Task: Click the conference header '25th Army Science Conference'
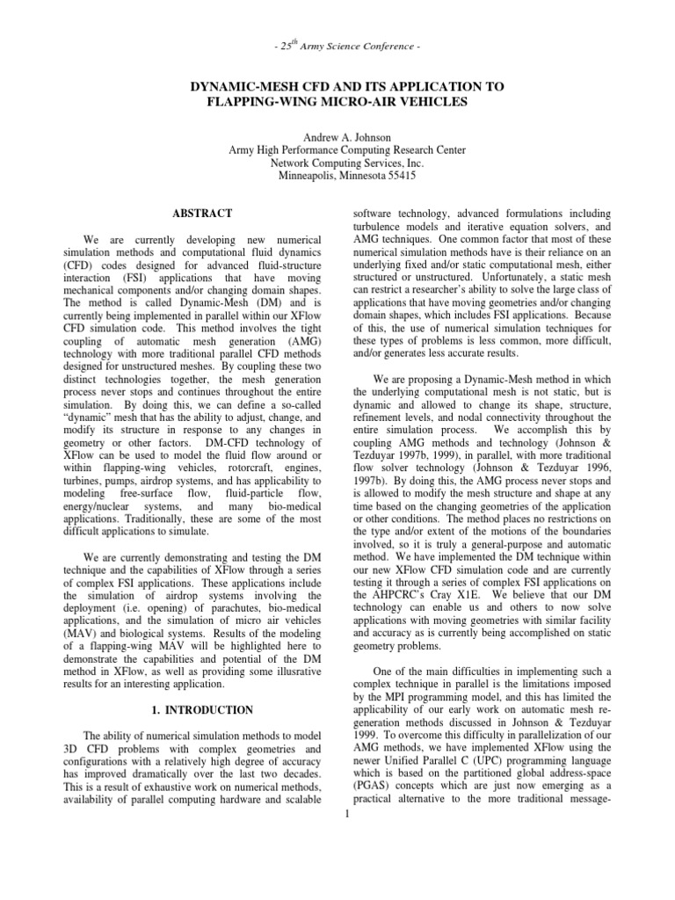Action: (337, 46)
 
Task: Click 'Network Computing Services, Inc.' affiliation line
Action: (337, 163)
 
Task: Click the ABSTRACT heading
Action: (203, 214)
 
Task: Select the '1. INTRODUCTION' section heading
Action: (202, 709)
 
